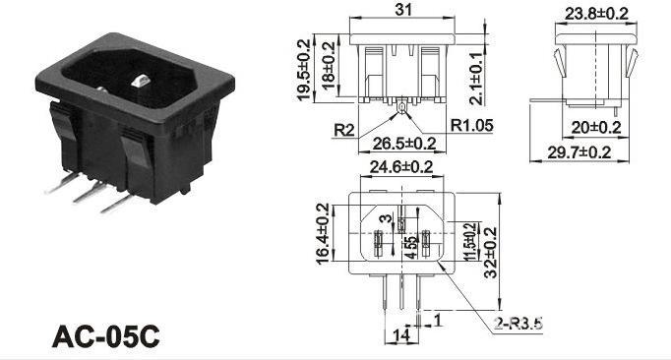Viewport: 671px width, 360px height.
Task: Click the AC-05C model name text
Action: (105, 336)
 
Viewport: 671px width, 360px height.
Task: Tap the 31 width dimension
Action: (402, 9)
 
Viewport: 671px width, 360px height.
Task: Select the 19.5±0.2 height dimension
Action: (303, 70)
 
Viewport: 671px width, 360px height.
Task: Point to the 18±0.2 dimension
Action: (328, 65)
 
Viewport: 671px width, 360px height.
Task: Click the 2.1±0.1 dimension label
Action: (476, 79)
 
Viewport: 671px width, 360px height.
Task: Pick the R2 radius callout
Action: (344, 130)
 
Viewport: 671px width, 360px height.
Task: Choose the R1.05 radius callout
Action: (471, 126)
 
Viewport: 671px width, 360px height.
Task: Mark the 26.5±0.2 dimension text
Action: (404, 144)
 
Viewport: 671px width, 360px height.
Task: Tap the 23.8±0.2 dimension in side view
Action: (596, 14)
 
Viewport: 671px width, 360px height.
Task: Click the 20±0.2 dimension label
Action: (596, 127)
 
